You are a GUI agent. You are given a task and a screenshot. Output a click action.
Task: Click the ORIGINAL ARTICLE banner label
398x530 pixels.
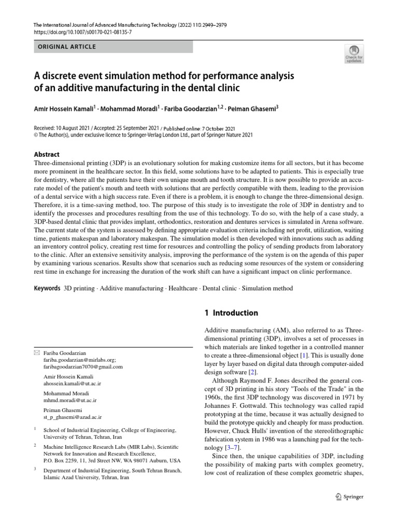(x=66, y=47)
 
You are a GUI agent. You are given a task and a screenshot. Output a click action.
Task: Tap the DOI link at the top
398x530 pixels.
(x=83, y=32)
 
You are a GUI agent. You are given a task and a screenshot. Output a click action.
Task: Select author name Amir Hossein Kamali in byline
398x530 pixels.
(x=63, y=109)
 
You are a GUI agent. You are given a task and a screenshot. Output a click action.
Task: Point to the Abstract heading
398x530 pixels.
(x=47, y=154)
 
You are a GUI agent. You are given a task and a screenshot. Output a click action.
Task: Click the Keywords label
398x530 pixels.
(x=47, y=288)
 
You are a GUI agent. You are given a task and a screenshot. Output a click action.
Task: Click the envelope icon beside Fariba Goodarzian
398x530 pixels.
(x=36, y=352)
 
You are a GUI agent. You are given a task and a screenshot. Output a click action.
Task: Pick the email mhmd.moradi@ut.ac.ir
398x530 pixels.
(x=70, y=401)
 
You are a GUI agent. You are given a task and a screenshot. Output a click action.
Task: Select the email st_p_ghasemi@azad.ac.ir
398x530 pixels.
(x=73, y=417)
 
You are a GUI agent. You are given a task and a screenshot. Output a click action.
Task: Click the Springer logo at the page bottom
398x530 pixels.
(x=350, y=497)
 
